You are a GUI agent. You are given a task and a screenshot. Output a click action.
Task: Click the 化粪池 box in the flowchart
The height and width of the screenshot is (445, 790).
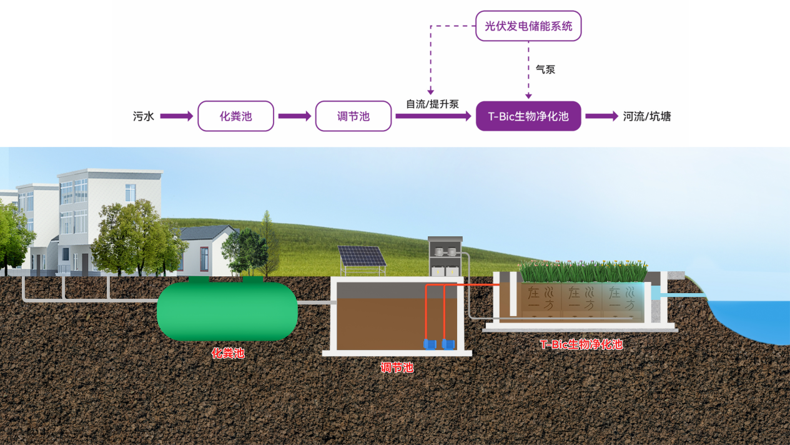click(x=235, y=116)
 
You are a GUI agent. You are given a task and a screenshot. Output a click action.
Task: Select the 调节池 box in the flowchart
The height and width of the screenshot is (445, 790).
click(x=353, y=116)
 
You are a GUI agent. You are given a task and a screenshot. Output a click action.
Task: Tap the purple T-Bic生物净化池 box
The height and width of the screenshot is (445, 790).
click(x=528, y=116)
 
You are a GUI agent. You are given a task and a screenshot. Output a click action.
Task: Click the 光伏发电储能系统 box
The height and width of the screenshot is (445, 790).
click(x=528, y=26)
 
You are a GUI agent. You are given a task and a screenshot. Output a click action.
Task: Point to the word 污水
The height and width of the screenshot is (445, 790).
click(x=143, y=116)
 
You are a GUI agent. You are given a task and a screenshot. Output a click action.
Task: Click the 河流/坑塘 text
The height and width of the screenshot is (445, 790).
click(x=646, y=116)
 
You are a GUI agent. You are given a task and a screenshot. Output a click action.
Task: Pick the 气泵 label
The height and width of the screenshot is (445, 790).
click(x=545, y=69)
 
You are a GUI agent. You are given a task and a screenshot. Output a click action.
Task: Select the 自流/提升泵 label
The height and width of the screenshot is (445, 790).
click(x=432, y=104)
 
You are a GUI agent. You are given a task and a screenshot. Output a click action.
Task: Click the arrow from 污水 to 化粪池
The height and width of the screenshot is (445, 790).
click(x=177, y=116)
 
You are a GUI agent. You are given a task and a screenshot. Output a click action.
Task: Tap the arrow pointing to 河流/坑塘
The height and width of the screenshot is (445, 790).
click(x=601, y=116)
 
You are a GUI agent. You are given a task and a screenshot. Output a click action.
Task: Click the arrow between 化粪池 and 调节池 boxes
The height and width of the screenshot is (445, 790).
click(x=294, y=116)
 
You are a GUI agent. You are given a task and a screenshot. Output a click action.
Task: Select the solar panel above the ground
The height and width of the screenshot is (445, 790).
click(x=361, y=257)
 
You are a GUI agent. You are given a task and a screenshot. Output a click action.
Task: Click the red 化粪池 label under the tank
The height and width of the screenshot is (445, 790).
click(x=227, y=353)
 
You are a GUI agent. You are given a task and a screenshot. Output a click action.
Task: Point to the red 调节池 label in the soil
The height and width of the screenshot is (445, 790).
click(x=397, y=367)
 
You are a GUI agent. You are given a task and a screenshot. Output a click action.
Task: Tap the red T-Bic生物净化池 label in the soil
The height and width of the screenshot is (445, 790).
click(x=581, y=344)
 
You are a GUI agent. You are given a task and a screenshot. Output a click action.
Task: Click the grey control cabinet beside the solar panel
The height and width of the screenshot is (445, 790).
click(x=445, y=256)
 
